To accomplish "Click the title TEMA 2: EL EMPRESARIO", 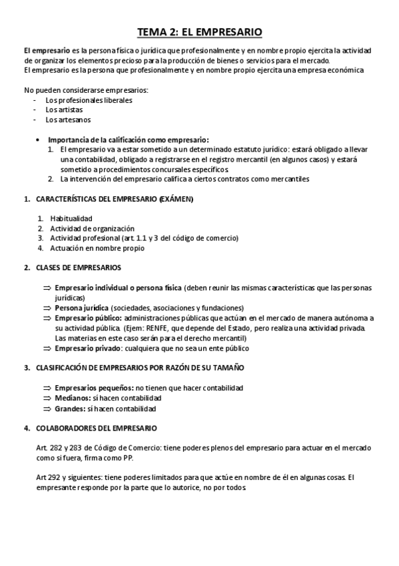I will [199, 31].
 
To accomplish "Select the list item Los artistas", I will [60, 109].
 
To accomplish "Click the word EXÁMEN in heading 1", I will [176, 199].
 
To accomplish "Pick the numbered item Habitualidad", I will [71, 218].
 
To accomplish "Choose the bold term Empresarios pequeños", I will [93, 387].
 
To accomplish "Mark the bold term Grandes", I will [70, 408].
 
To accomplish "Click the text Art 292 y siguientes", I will [70, 477].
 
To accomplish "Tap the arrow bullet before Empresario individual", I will [47, 288].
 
